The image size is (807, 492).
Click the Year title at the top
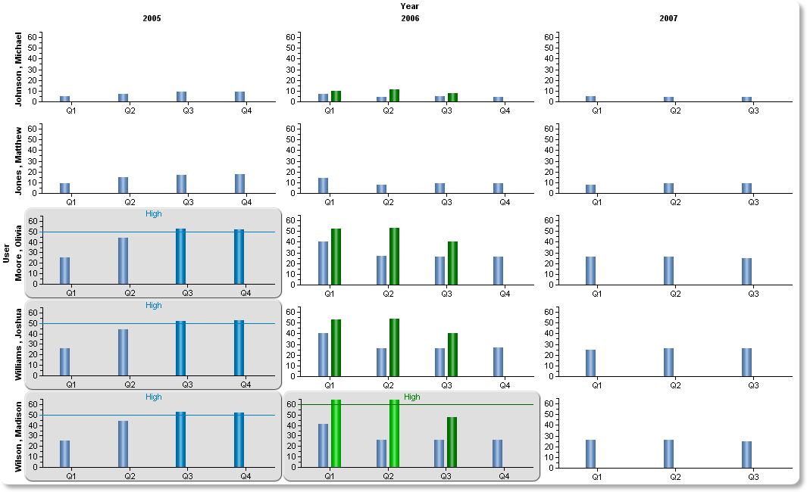(x=410, y=6)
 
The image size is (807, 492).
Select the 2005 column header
(x=152, y=18)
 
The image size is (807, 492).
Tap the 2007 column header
(x=668, y=18)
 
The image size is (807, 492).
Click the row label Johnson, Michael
(x=18, y=70)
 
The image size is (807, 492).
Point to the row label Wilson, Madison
(x=18, y=437)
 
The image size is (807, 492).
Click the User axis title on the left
(x=6, y=254)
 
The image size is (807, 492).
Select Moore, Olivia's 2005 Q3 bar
(x=180, y=257)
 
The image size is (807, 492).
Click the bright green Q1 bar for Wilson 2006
(x=336, y=434)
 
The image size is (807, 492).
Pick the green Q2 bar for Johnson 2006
(x=394, y=95)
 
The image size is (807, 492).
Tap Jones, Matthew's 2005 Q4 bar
(x=239, y=184)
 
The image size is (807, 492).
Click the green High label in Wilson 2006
(x=411, y=397)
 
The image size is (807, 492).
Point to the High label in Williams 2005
(x=153, y=305)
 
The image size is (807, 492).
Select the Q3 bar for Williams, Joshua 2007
(x=747, y=363)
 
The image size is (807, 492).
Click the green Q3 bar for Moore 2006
(x=452, y=263)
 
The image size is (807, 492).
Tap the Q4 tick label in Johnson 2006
(x=505, y=111)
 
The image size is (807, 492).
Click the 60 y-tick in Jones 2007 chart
(x=549, y=129)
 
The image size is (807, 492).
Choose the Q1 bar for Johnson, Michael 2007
(x=590, y=99)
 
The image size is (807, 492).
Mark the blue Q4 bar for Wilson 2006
(x=497, y=453)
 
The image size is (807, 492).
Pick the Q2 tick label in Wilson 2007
(x=675, y=477)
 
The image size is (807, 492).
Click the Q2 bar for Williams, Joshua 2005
(x=123, y=353)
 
